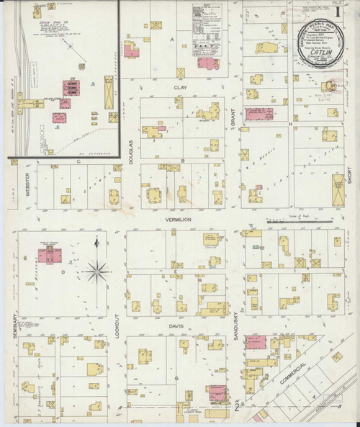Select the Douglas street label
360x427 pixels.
coord(131,153)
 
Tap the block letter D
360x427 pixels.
coord(63,272)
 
